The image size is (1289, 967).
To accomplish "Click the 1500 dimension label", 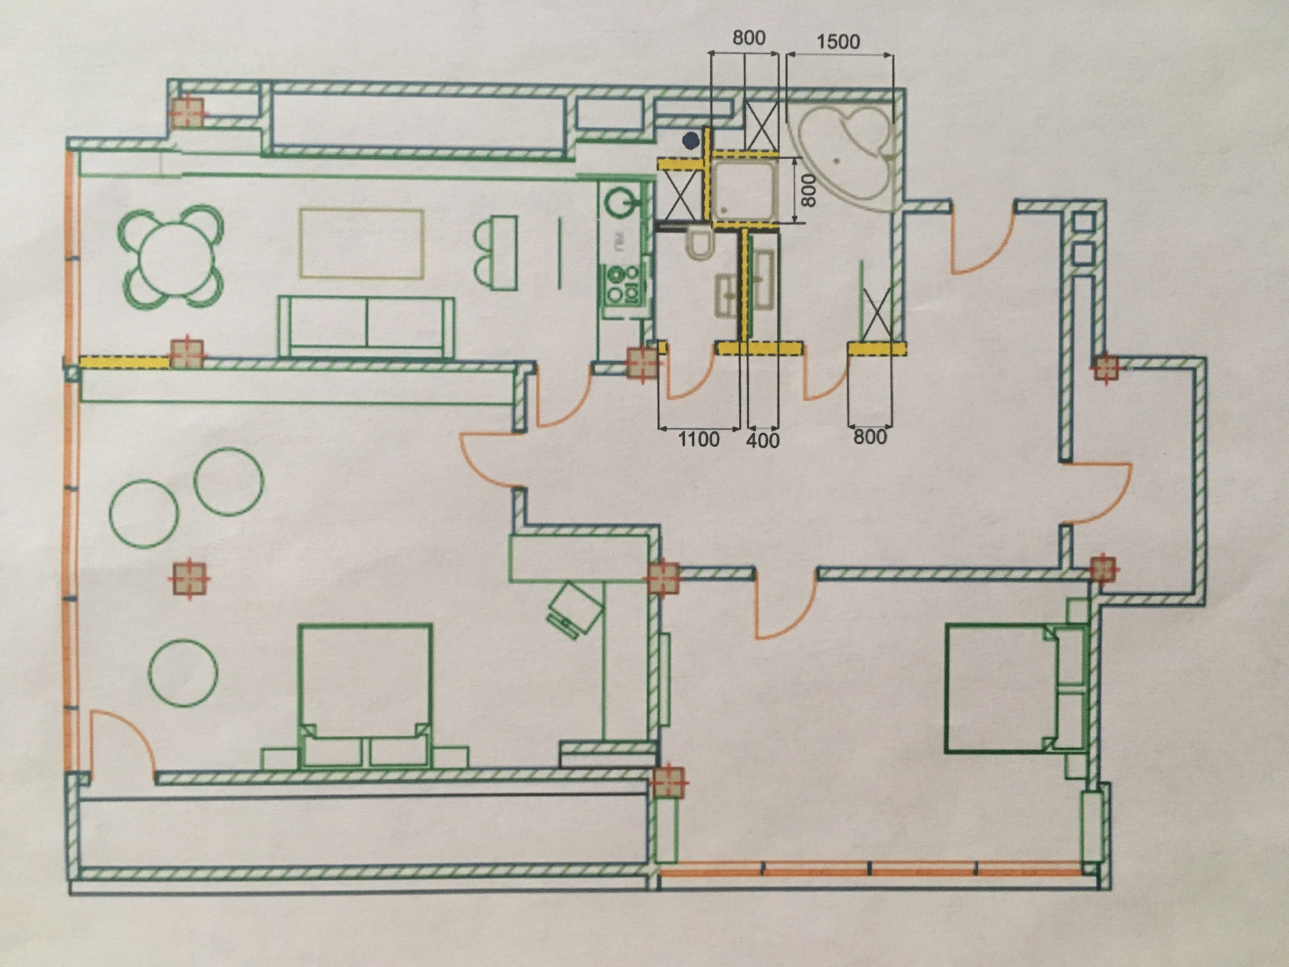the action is click(x=838, y=42).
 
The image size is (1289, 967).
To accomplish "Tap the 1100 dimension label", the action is click(x=698, y=440).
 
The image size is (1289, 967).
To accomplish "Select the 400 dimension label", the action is click(x=763, y=441).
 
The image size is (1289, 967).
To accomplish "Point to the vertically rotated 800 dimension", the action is click(x=809, y=190).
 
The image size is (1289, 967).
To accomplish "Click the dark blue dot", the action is click(x=691, y=140).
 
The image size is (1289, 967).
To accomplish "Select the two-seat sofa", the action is click(x=367, y=327).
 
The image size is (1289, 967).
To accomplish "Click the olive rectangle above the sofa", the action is click(x=362, y=243).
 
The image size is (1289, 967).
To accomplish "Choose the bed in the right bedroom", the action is click(x=1014, y=689).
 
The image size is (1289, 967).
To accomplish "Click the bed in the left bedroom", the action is click(x=365, y=695).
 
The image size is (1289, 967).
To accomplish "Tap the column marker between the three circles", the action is click(x=189, y=578).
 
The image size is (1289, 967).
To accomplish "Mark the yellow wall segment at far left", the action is click(x=124, y=363).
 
